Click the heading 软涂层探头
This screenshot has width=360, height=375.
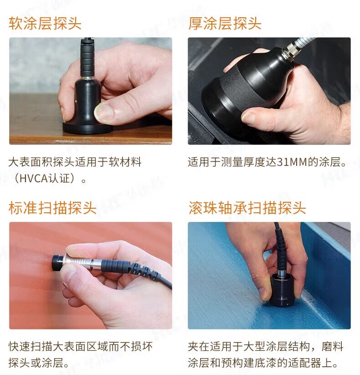pyautogui.click(x=45, y=23)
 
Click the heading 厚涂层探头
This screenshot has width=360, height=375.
pyautogui.click(x=225, y=23)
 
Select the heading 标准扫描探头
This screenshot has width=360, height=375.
pyautogui.click(x=52, y=208)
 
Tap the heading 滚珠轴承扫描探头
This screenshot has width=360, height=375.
pyautogui.click(x=247, y=208)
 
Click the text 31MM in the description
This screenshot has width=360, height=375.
pyautogui.click(x=292, y=162)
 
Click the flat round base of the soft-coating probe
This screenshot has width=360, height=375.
pyautogui.click(x=87, y=128)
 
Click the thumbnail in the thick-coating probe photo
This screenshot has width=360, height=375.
pyautogui.click(x=249, y=118)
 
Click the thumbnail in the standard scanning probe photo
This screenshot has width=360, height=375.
pyautogui.click(x=69, y=273)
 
